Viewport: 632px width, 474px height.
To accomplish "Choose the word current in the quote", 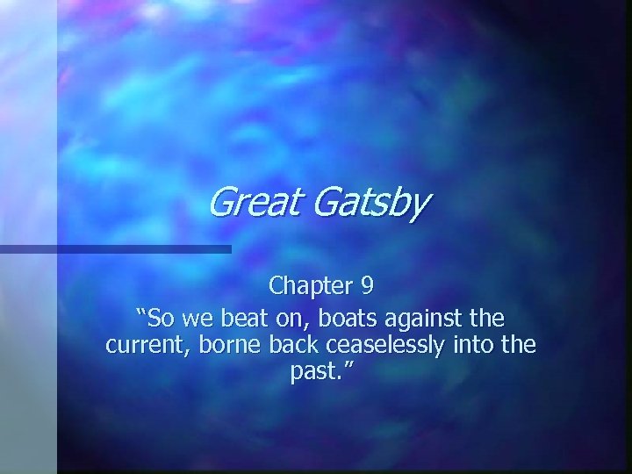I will (141, 344).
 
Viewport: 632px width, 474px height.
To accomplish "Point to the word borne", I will (216, 344).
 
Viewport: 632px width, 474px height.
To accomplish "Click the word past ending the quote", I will (309, 372).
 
